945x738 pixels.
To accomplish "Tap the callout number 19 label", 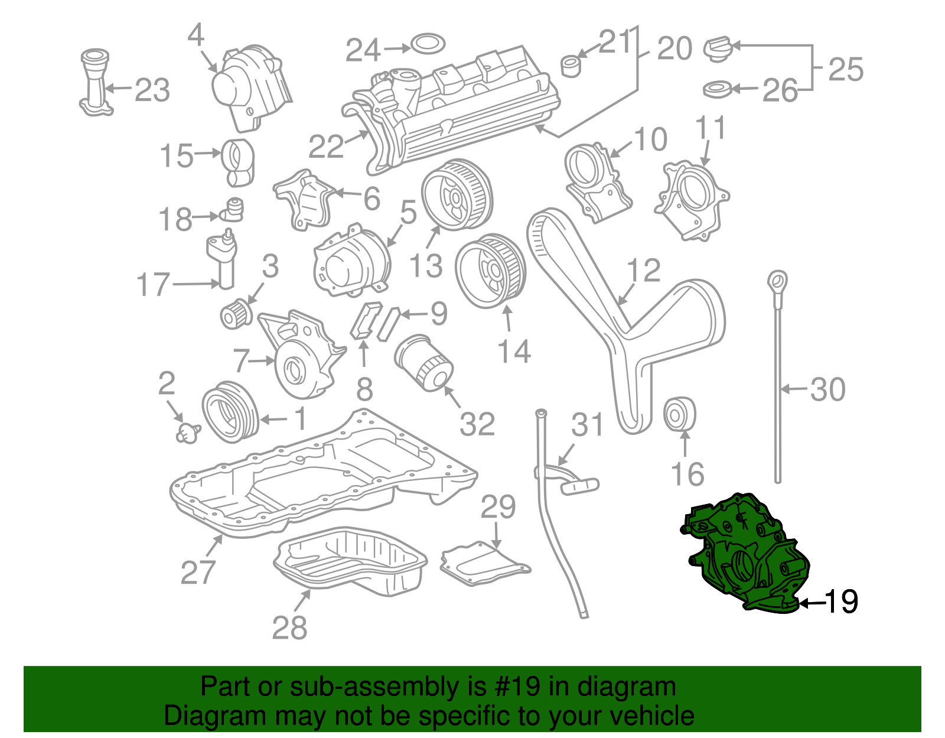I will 840,602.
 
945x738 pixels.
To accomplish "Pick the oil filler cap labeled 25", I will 718,48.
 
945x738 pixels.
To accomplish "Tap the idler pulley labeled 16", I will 680,415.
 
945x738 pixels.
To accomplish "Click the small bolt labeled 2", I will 187,433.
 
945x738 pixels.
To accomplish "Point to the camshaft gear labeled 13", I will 456,194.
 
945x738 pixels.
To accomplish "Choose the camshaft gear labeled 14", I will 490,271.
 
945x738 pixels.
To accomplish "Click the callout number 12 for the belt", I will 643,270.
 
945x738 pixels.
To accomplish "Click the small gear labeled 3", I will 235,314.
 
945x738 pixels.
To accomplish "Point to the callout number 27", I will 198,571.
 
